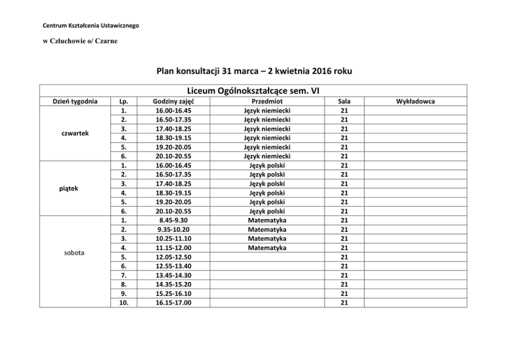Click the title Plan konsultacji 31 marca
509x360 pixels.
pos(254,71)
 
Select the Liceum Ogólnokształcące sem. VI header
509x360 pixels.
pos(253,90)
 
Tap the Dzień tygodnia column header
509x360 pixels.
pos(75,102)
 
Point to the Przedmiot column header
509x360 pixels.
pos(267,102)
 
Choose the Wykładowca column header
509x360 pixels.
pos(415,102)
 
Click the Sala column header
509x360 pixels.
pos(344,102)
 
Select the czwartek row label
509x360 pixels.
pos(75,133)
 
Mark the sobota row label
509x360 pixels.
pos(75,253)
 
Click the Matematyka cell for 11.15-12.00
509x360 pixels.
pos(267,248)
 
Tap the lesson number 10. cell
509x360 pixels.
pos(123,303)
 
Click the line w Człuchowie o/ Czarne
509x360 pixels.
pos(80,41)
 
